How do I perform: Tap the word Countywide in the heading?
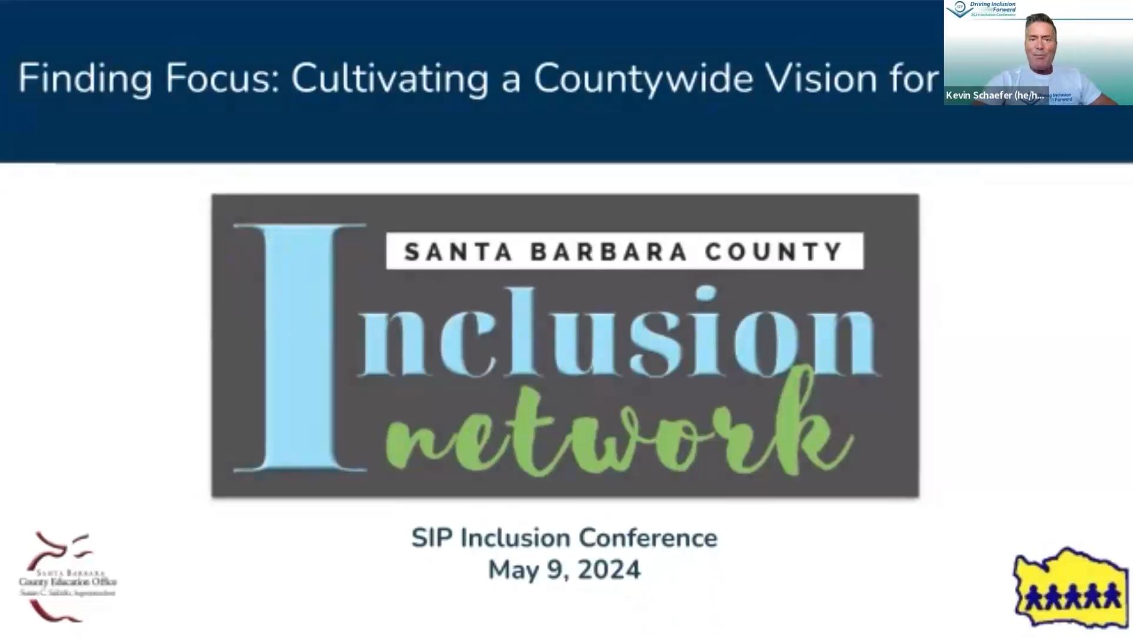[x=643, y=79]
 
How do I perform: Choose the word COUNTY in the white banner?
[x=774, y=251]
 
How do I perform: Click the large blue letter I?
[x=299, y=348]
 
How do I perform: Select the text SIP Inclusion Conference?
[x=564, y=538]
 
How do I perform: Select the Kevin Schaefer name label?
[x=994, y=95]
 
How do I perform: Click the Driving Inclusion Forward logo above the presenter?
[x=982, y=9]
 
